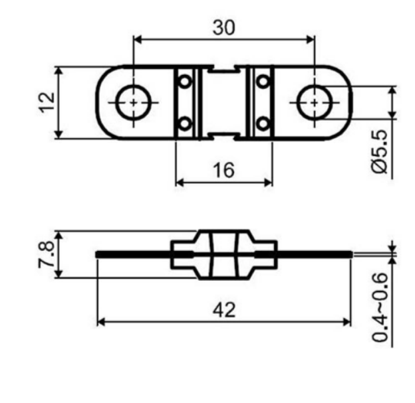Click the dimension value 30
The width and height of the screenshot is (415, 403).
click(x=223, y=28)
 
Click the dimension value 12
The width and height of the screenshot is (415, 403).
click(x=47, y=102)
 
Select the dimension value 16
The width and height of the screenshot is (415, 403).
click(x=223, y=170)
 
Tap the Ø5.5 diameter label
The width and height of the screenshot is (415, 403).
click(x=380, y=151)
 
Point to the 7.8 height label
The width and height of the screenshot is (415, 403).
click(x=47, y=255)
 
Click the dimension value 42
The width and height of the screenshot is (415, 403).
click(x=224, y=310)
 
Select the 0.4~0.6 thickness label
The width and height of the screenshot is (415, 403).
click(x=380, y=307)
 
